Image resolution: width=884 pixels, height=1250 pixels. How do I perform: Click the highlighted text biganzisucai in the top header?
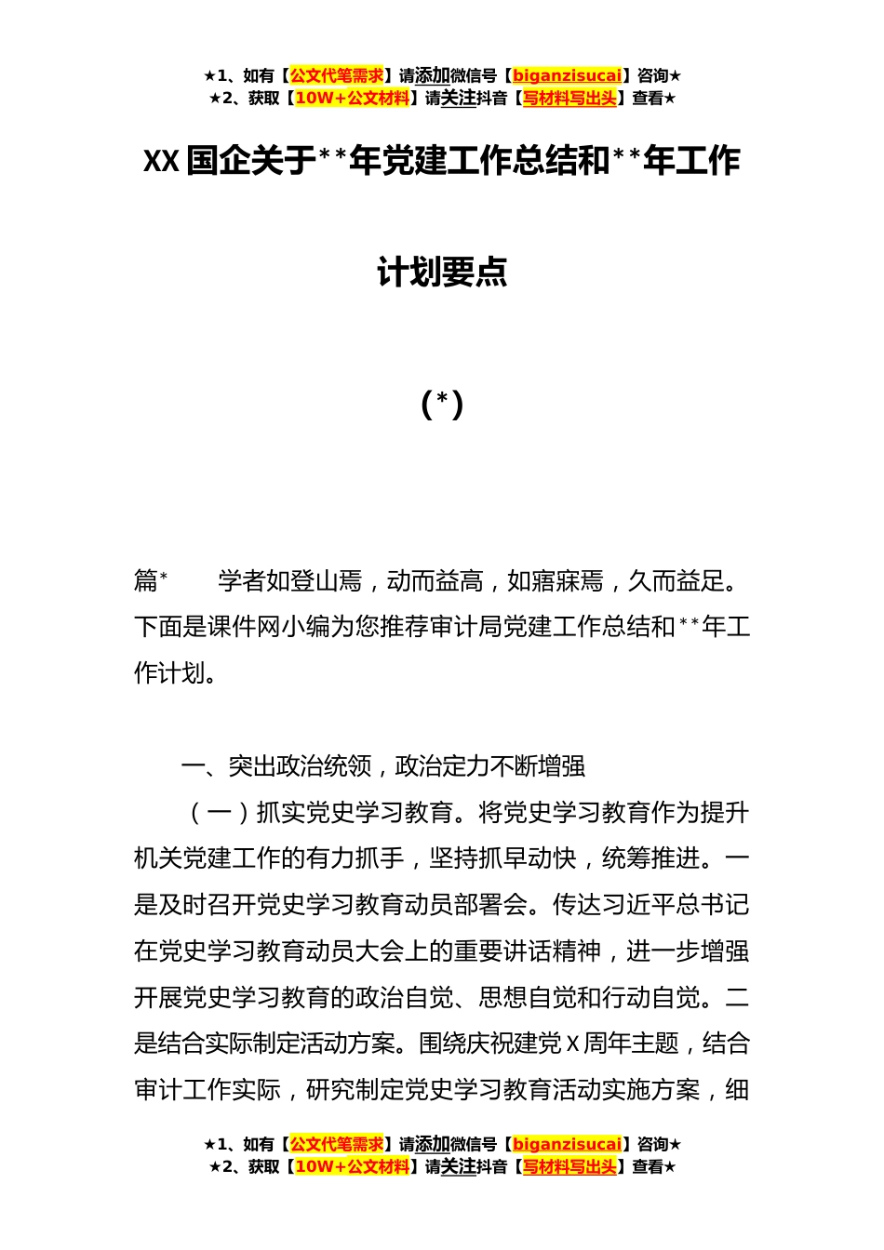[x=567, y=76]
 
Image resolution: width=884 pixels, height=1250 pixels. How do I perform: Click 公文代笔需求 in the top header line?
[x=337, y=76]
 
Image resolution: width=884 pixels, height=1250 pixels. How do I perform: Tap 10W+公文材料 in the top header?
[x=352, y=99]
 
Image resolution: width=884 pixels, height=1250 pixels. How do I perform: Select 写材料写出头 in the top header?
[x=569, y=99]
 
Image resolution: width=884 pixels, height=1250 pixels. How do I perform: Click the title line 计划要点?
[x=442, y=273]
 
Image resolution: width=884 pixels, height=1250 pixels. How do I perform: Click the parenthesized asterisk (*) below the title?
[x=442, y=404]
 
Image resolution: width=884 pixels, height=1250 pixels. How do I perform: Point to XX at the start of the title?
[x=161, y=162]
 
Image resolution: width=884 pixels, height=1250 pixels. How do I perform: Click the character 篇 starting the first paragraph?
[x=146, y=581]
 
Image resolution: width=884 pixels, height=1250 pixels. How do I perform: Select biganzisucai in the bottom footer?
[x=567, y=1145]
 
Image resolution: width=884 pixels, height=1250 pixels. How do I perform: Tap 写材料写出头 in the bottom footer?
[x=569, y=1167]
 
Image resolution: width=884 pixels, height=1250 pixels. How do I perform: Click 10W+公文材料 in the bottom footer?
[x=352, y=1167]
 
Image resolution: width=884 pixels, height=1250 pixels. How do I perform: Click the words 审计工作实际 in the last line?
[x=207, y=1090]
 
